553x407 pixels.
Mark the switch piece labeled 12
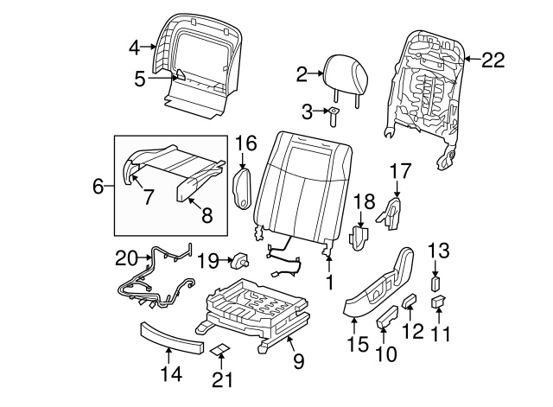410,302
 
